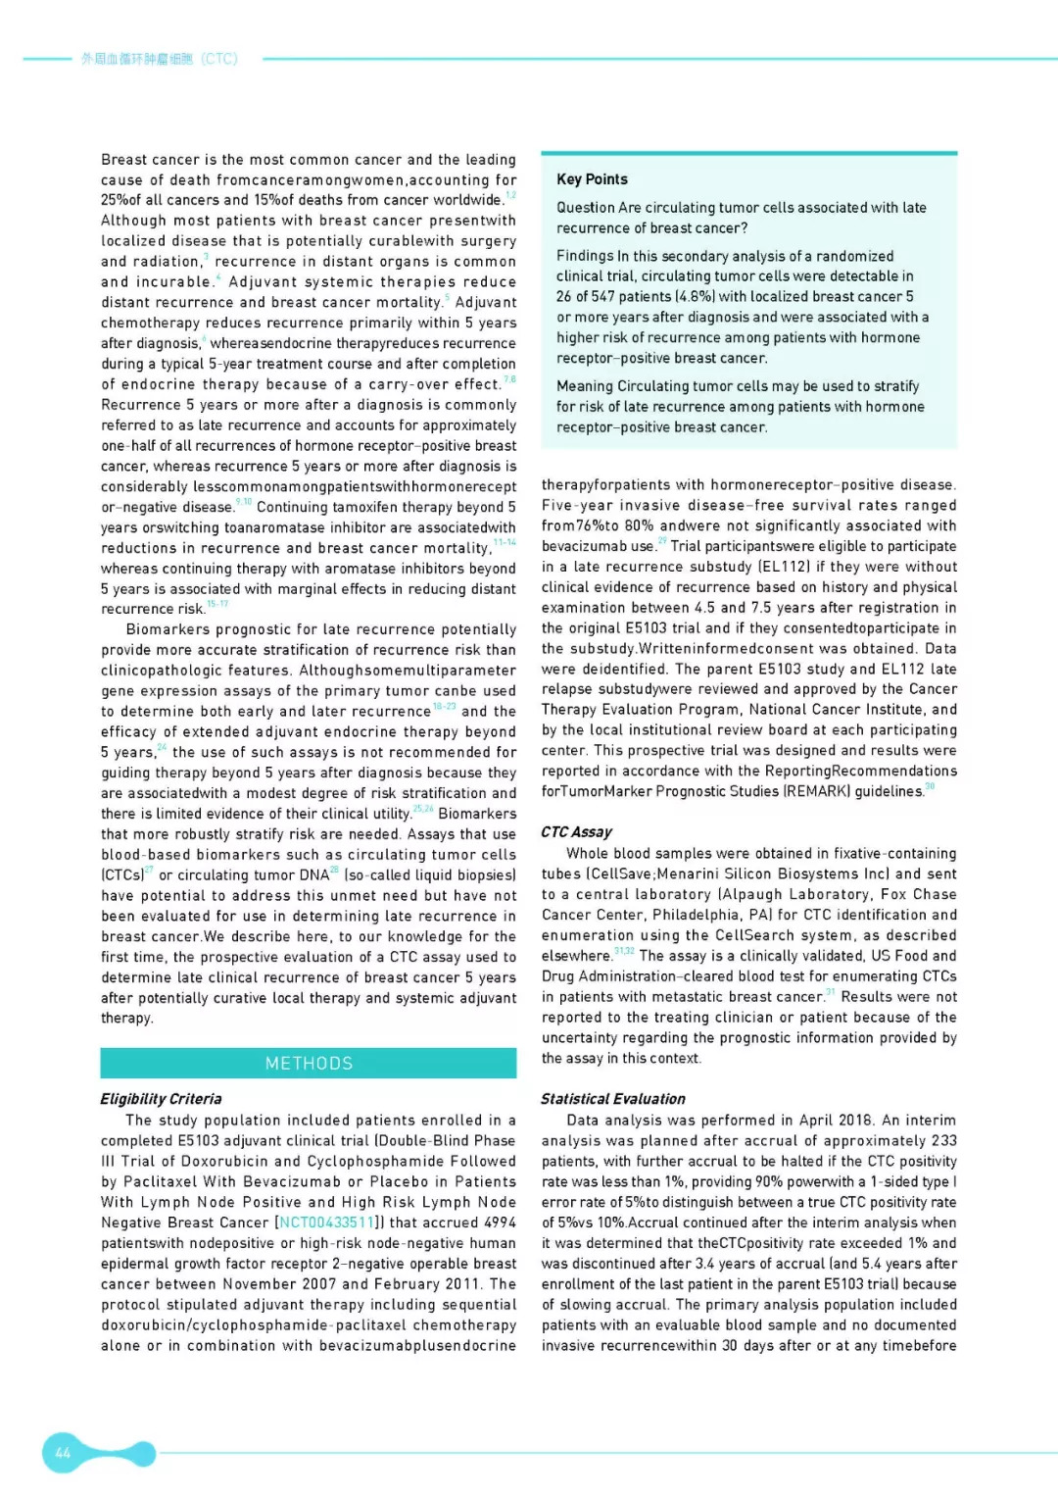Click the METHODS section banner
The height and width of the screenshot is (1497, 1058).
[309, 1064]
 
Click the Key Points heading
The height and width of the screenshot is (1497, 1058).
[592, 179]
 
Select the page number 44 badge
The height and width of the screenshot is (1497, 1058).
[63, 1453]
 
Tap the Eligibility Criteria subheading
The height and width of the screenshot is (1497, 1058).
[161, 1099]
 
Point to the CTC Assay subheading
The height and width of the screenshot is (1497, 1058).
[576, 832]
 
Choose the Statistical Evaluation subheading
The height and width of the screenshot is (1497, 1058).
[612, 1099]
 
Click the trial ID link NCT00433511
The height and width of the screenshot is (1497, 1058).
[326, 1223]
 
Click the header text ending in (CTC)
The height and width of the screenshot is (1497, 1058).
[159, 59]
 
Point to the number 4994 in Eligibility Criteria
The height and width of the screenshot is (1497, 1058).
[500, 1223]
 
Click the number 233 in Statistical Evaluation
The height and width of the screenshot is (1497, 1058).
[944, 1141]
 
